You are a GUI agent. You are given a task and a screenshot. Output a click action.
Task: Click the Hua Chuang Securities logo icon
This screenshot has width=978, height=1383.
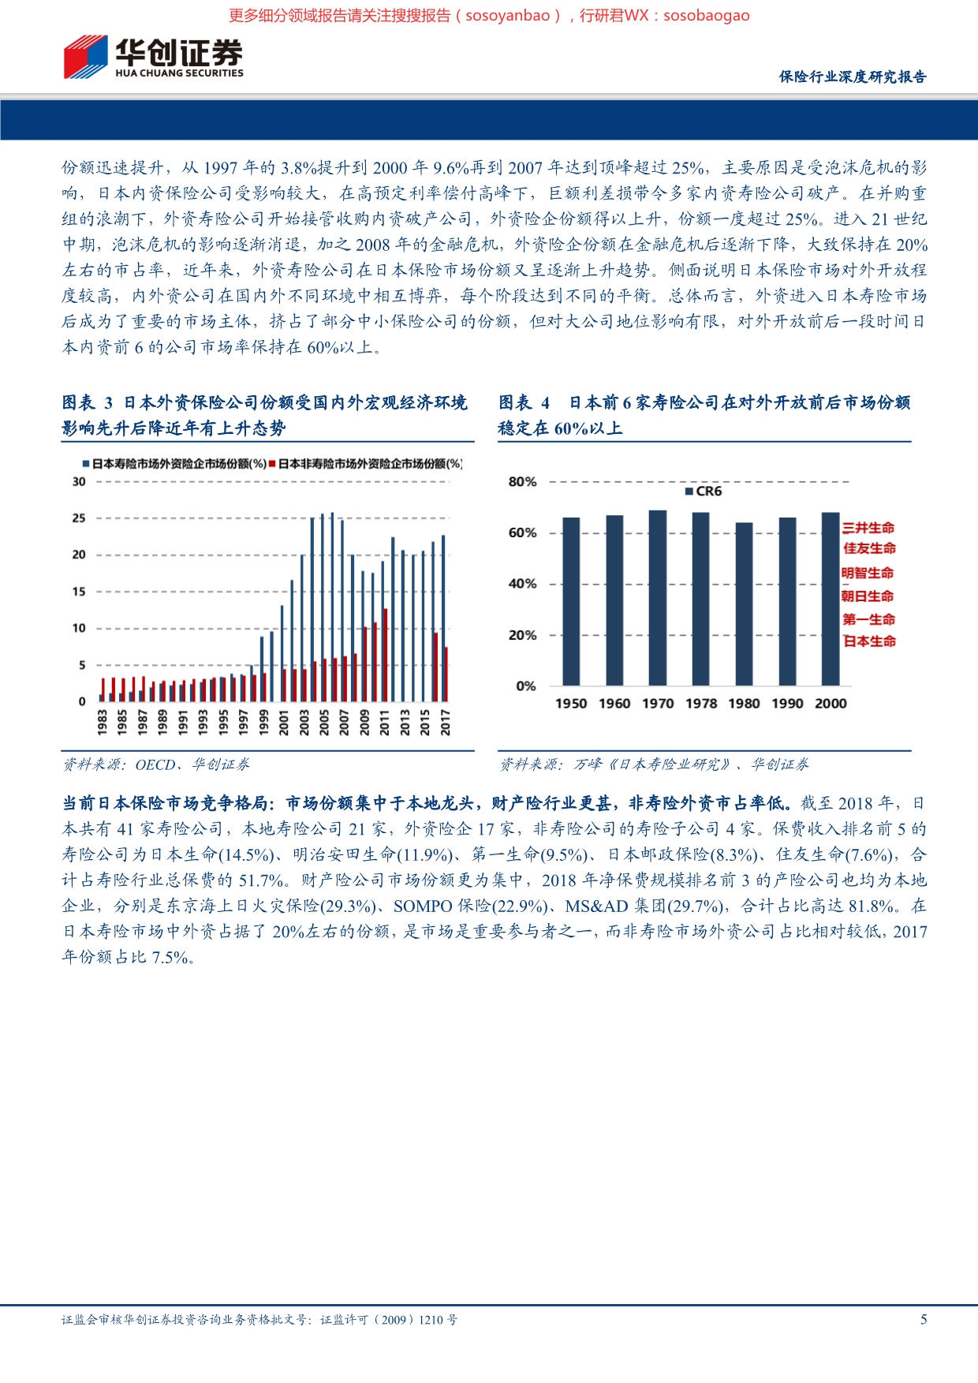point(85,57)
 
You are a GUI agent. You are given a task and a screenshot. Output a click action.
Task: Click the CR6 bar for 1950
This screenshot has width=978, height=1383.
point(571,601)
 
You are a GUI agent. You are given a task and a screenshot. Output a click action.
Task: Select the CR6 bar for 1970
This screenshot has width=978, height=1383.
point(658,597)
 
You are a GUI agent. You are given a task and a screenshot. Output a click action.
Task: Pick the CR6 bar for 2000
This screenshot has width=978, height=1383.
point(831,599)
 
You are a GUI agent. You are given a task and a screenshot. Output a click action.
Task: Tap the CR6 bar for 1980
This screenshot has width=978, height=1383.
point(744,604)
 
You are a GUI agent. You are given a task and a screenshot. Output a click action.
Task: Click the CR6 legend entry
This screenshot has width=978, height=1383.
point(704,492)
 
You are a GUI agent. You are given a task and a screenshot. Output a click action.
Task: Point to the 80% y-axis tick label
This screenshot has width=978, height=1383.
point(522,481)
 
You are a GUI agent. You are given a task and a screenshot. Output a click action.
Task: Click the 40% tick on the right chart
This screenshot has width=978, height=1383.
point(522,584)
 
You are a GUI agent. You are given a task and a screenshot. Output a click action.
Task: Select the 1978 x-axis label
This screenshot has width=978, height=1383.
point(701,704)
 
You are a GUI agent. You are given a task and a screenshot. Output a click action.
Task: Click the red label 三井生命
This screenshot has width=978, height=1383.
point(868,528)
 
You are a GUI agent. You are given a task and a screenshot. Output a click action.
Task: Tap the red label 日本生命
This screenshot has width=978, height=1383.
point(869,641)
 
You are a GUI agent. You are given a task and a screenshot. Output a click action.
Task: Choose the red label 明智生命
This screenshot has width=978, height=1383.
point(868,573)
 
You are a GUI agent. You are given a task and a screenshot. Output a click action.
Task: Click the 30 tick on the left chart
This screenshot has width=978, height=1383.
point(79,481)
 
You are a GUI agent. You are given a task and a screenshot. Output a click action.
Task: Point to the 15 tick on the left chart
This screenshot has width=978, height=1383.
point(79,592)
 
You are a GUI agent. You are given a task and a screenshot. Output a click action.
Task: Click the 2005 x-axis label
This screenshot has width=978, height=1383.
point(324,722)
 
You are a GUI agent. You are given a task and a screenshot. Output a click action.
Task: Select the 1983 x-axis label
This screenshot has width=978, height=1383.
point(103,722)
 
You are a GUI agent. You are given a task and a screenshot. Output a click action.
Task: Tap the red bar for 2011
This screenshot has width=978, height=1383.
point(386,655)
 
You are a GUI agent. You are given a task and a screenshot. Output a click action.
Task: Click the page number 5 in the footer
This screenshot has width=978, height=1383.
point(924,1319)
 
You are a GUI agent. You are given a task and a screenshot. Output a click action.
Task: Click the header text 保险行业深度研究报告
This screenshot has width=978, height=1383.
point(853,77)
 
